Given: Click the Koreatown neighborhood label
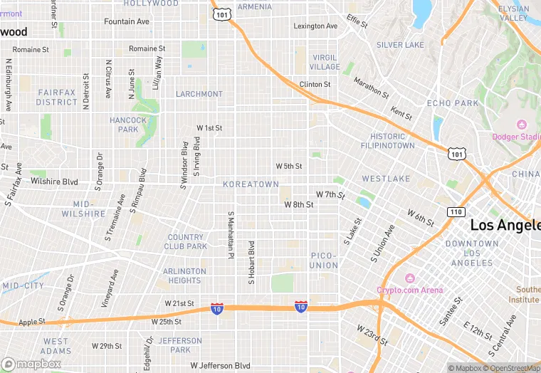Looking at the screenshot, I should pyautogui.click(x=251, y=184).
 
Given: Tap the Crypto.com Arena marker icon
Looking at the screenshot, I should pyautogui.click(x=409, y=278).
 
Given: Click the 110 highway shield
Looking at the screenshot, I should pyautogui.click(x=456, y=212).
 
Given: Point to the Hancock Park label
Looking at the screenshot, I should pyautogui.click(x=128, y=125).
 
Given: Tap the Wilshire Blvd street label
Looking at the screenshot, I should pyautogui.click(x=54, y=182).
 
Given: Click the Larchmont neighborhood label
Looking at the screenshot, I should pyautogui.click(x=199, y=94).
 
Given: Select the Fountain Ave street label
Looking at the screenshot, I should pyautogui.click(x=127, y=21).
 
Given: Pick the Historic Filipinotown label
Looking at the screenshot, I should pyautogui.click(x=392, y=140).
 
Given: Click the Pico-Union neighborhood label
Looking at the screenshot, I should pyautogui.click(x=324, y=260).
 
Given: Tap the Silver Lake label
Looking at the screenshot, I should pyautogui.click(x=400, y=45).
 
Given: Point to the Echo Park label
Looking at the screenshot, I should pyautogui.click(x=453, y=103).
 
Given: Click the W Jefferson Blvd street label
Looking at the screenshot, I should pyautogui.click(x=220, y=366).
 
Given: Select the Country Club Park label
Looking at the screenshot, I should pyautogui.click(x=187, y=241).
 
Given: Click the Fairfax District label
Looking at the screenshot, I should pyautogui.click(x=57, y=98).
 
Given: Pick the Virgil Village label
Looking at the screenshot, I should pyautogui.click(x=325, y=62).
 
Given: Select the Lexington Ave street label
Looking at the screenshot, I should pyautogui.click(x=315, y=26).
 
